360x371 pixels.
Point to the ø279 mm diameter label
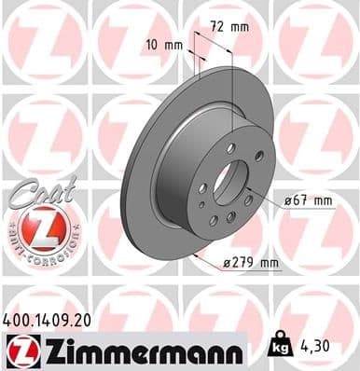pyautogui.click(x=253, y=264)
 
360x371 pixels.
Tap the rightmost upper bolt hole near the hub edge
pyautogui.click(x=258, y=155)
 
